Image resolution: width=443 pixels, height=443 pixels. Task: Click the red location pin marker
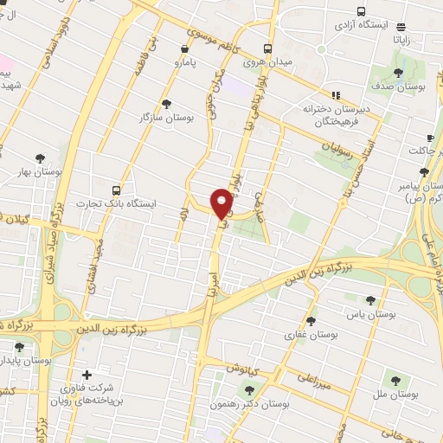coord(221,202)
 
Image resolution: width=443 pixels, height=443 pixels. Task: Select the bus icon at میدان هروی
coord(269,48)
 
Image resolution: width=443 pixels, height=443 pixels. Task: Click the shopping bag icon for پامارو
coord(185,49)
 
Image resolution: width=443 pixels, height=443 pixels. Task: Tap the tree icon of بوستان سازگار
coord(167,103)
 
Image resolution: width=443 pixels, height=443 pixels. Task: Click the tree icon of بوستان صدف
coord(398,73)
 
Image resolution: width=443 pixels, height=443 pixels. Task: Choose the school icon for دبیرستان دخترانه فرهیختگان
coord(336,95)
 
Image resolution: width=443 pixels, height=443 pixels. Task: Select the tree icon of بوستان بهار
coord(41,157)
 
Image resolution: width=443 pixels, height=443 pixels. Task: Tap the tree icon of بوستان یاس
coord(371,300)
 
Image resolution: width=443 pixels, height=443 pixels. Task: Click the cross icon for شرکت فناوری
coord(85,376)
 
